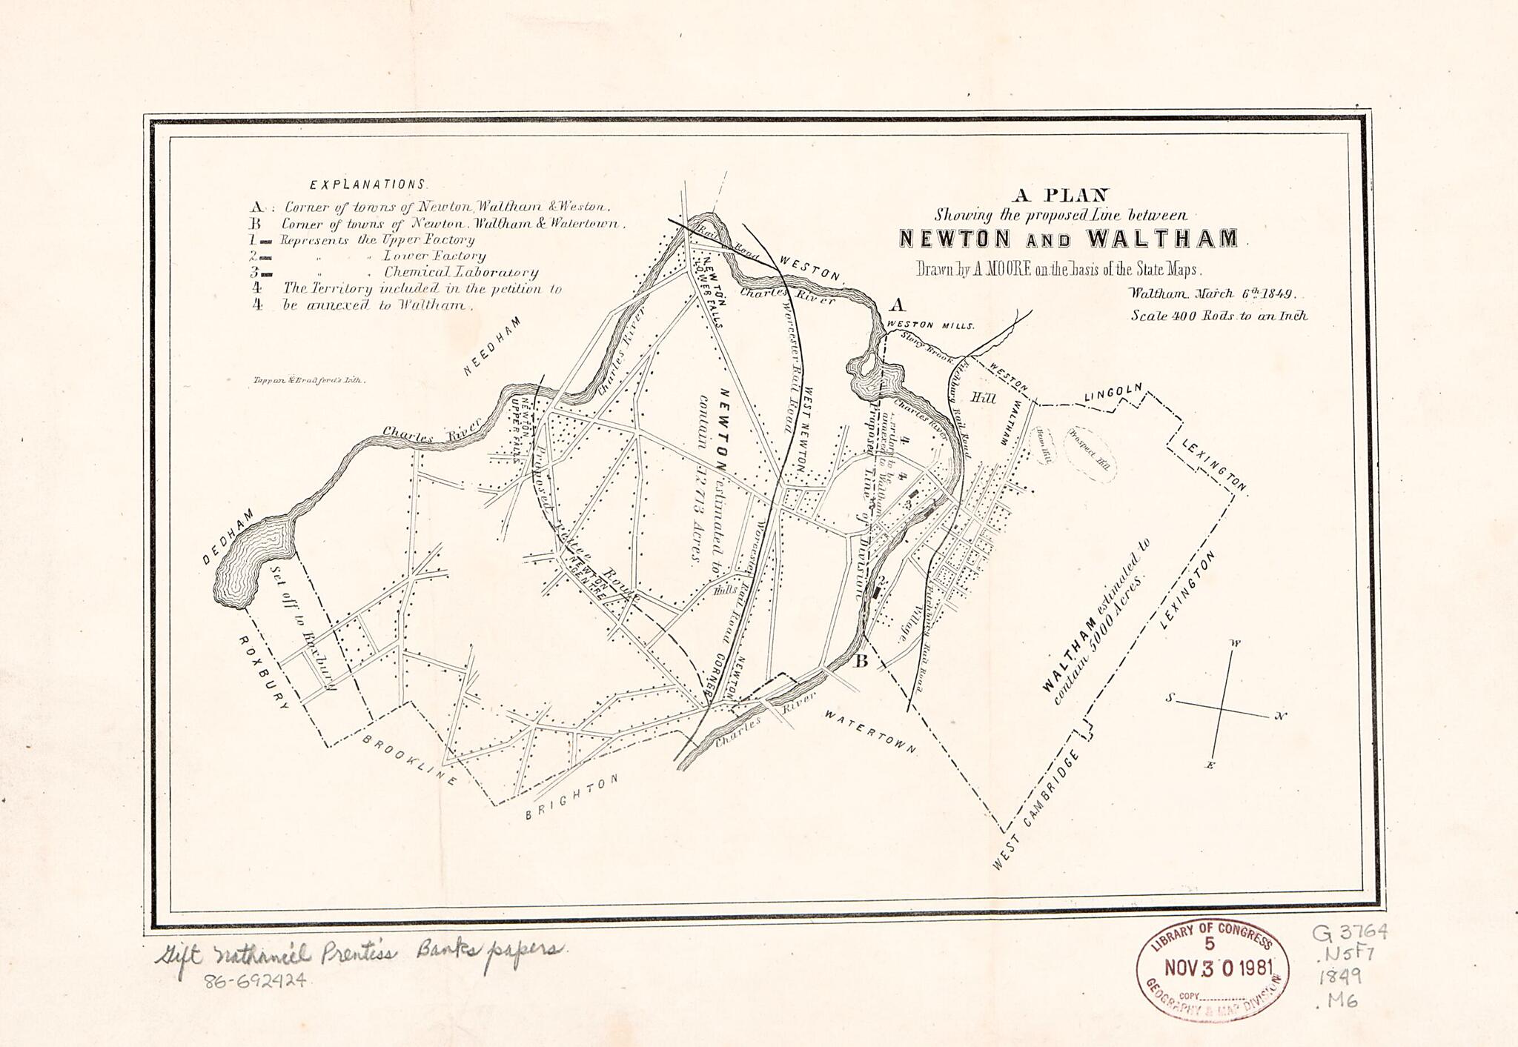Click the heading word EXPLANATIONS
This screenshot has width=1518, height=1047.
point(368,185)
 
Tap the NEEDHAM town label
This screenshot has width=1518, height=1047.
point(493,346)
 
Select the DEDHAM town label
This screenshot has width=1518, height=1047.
point(229,536)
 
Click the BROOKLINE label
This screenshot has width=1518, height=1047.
point(409,760)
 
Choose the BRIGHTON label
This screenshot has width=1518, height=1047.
point(571,798)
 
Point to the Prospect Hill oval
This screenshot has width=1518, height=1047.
point(1090,454)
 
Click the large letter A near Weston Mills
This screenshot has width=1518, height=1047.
point(898,305)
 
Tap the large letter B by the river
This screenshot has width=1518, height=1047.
point(861,661)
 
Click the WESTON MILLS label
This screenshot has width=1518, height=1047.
point(930,325)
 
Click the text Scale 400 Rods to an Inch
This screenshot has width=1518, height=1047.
point(1219,316)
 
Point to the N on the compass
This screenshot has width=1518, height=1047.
point(1280,717)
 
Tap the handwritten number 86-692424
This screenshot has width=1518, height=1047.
point(255,980)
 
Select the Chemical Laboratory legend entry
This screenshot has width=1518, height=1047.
point(460,273)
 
